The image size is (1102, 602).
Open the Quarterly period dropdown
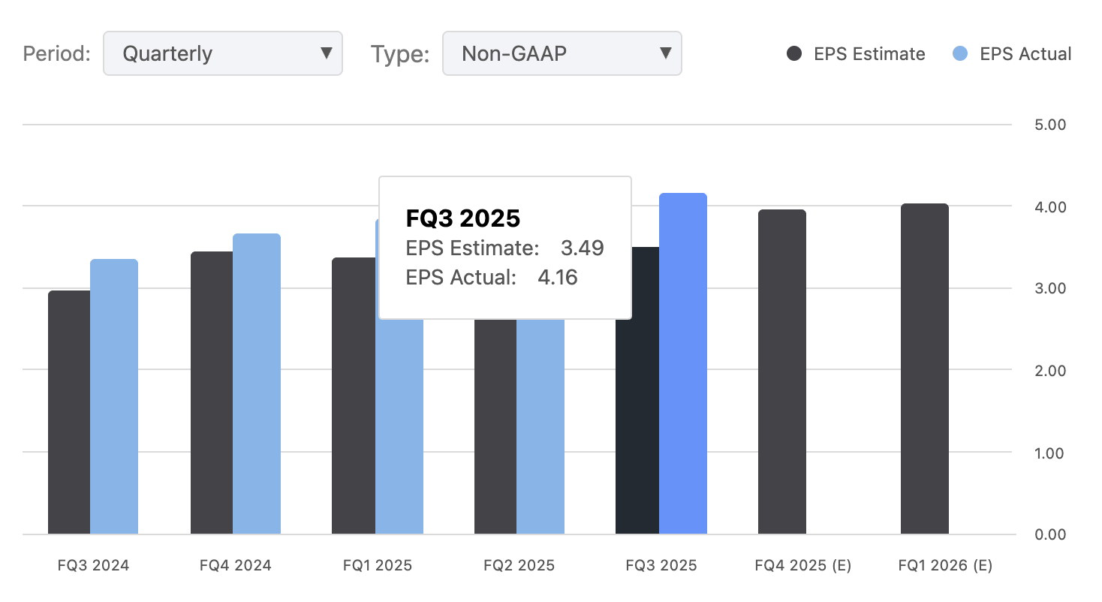(222, 53)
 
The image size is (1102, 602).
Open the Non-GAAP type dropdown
(562, 53)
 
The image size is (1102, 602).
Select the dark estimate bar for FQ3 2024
(69, 413)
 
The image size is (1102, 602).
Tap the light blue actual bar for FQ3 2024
(114, 398)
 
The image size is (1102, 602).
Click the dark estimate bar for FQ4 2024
(212, 393)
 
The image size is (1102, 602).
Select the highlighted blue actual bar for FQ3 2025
(683, 364)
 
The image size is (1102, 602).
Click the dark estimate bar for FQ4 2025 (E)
(782, 372)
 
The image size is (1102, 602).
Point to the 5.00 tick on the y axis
(1050, 125)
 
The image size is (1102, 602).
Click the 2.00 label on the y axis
(1050, 371)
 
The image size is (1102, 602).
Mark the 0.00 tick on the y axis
(1050, 534)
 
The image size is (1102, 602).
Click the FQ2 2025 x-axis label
(519, 566)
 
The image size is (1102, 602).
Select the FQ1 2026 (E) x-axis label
(945, 566)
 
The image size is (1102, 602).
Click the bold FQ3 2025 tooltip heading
(463, 218)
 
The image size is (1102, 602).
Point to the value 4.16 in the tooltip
(558, 278)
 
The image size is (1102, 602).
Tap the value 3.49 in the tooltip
(583, 248)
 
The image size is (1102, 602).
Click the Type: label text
(400, 54)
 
